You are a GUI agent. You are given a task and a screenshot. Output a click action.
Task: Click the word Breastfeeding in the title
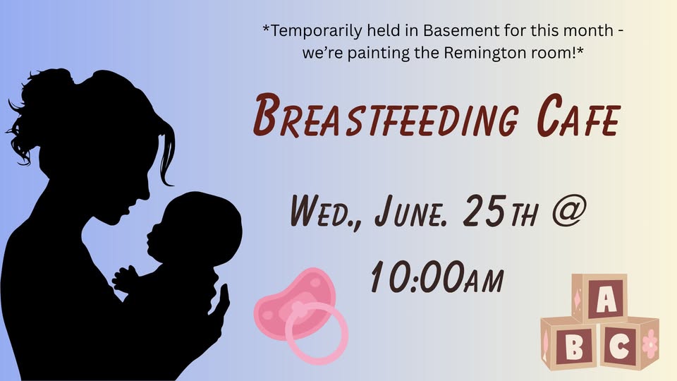tap(386, 116)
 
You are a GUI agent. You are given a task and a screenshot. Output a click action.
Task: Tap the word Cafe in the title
tap(578, 115)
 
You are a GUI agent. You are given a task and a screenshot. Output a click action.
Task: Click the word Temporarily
tap(317, 31)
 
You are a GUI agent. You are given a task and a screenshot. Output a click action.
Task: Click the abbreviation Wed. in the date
tap(324, 211)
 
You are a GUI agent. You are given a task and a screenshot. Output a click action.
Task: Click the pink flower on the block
tap(650, 344)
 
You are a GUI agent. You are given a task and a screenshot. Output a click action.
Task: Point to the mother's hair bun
tap(45, 89)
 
